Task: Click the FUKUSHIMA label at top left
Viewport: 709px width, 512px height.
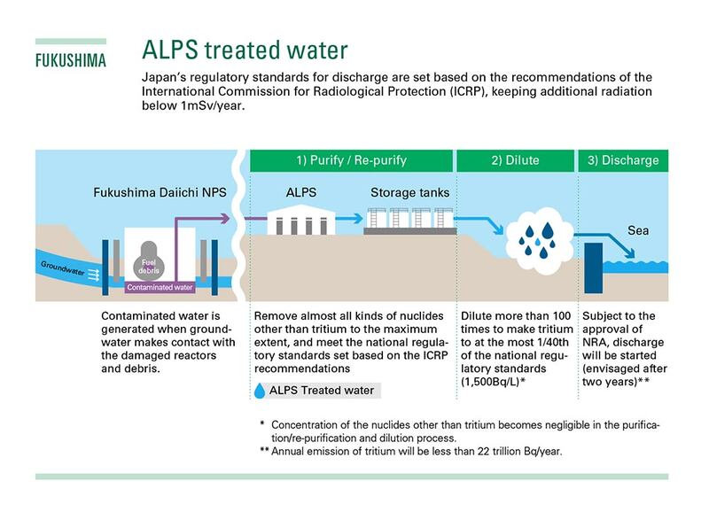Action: point(70,61)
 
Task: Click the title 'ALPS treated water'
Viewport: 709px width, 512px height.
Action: point(245,50)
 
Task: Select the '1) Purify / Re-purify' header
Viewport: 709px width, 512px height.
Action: point(351,160)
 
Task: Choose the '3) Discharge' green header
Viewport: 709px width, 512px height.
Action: point(623,160)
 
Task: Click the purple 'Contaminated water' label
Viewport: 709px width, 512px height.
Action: point(160,288)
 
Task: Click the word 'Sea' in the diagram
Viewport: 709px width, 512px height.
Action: point(638,230)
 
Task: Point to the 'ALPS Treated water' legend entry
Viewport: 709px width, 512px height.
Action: point(323,390)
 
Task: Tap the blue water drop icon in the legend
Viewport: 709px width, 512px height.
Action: point(260,390)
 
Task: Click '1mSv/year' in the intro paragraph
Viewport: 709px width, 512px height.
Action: point(210,105)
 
